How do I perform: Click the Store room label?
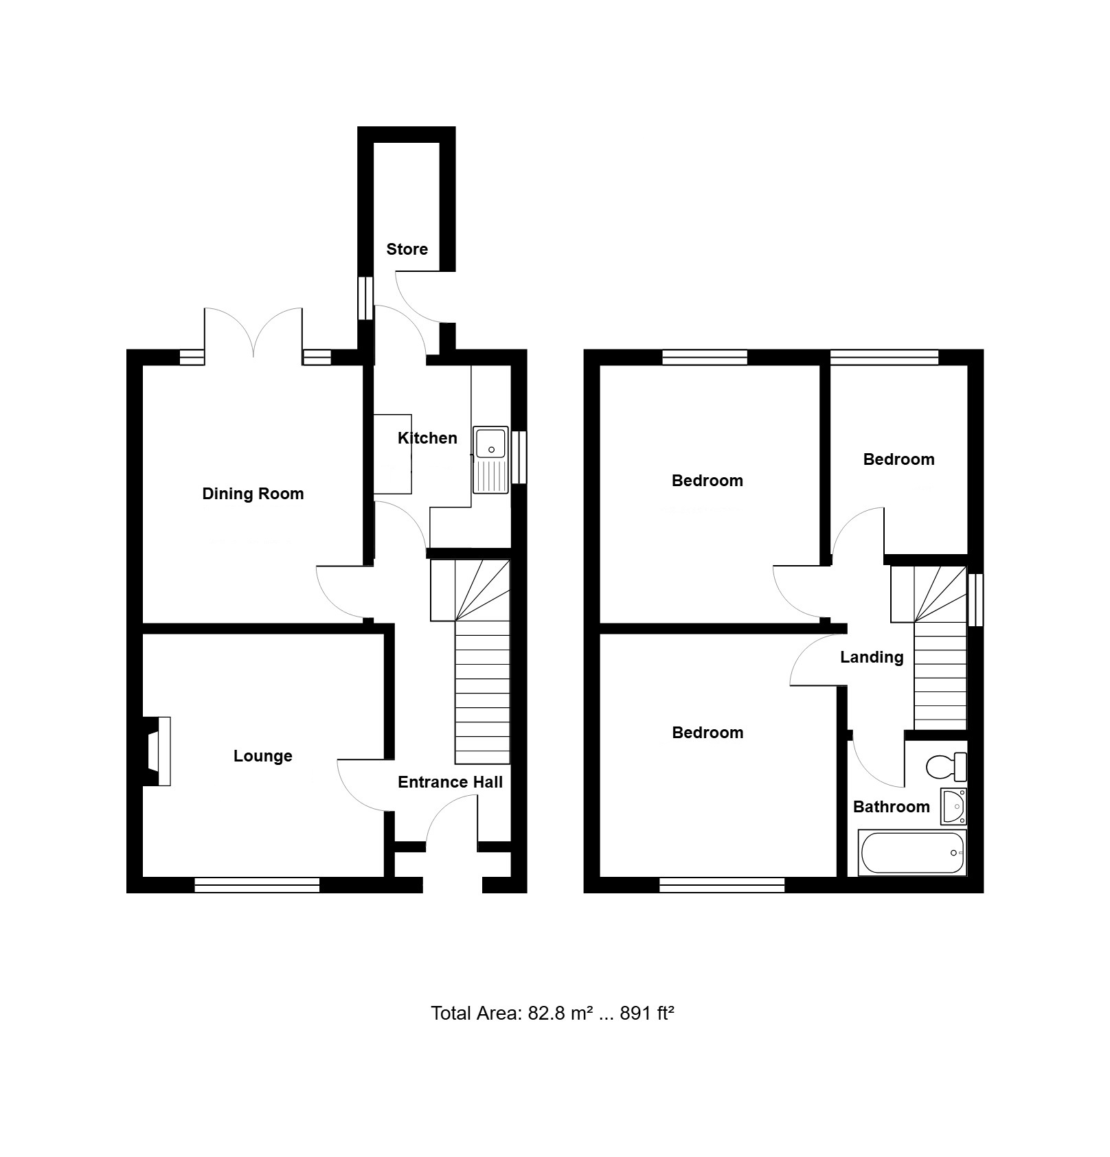click(x=407, y=249)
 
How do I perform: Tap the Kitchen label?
click(x=427, y=438)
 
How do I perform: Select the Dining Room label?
click(x=253, y=494)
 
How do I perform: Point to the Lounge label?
click(x=263, y=756)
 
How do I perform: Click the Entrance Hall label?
click(x=451, y=782)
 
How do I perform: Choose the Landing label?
click(x=872, y=658)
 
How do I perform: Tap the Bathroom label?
click(x=892, y=807)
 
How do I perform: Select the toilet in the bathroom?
click(x=947, y=766)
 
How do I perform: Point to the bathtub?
click(x=912, y=853)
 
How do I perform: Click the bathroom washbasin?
click(x=954, y=805)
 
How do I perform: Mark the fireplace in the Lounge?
click(x=157, y=751)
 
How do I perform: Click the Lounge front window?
click(x=257, y=885)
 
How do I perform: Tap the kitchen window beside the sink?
click(x=520, y=457)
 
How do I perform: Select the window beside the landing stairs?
click(x=975, y=600)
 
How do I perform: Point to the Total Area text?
click(x=553, y=1013)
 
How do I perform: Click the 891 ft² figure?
click(x=647, y=1013)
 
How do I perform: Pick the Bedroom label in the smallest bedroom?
click(x=898, y=459)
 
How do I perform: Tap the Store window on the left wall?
click(x=365, y=298)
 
